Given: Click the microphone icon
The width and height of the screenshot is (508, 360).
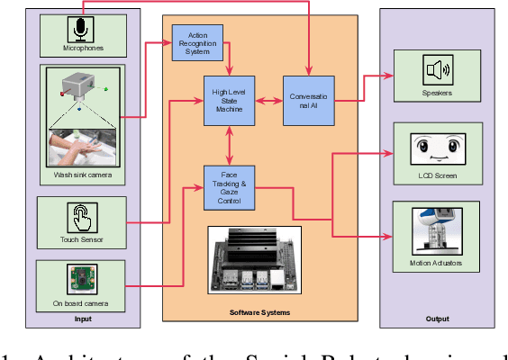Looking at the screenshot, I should (x=82, y=31).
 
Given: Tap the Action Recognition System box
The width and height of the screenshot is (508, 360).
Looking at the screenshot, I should (x=197, y=43).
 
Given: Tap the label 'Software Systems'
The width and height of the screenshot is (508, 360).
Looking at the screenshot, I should (x=261, y=311).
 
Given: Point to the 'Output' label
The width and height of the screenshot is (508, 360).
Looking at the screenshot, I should (x=438, y=319).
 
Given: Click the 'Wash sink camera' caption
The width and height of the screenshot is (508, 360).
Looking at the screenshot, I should (x=82, y=174).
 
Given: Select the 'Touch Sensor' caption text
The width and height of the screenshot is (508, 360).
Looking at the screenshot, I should (x=82, y=240).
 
